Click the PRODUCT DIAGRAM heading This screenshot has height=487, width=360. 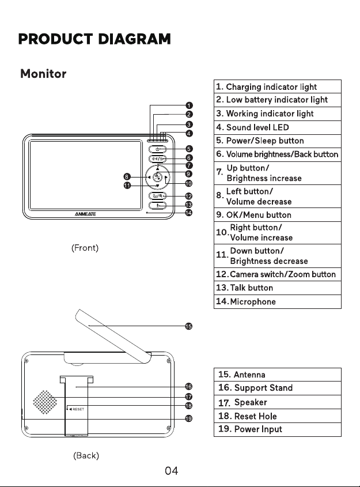[x=94, y=39]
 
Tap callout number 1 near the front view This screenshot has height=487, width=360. [x=189, y=105]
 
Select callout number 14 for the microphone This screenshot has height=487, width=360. [x=189, y=213]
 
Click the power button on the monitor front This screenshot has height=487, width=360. [x=157, y=149]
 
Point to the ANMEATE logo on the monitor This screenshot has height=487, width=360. [x=85, y=214]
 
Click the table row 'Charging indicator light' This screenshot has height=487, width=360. [x=278, y=86]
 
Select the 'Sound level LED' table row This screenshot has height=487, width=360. [x=278, y=127]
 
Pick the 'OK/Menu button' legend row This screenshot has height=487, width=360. [x=278, y=214]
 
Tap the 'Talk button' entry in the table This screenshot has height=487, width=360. [x=278, y=288]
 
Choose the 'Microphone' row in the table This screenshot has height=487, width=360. [x=278, y=301]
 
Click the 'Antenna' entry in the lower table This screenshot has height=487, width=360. [x=278, y=375]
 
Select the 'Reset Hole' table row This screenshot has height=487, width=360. [x=278, y=416]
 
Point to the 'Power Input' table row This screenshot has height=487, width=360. [x=278, y=429]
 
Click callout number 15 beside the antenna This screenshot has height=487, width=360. [x=189, y=326]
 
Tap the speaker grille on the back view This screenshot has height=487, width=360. [x=45, y=402]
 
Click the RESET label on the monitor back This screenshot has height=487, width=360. [x=78, y=409]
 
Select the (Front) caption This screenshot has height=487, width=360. [x=85, y=248]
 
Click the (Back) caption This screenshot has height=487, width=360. [x=86, y=456]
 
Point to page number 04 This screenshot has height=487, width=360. [x=171, y=471]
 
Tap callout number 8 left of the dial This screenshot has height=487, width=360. [x=127, y=177]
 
